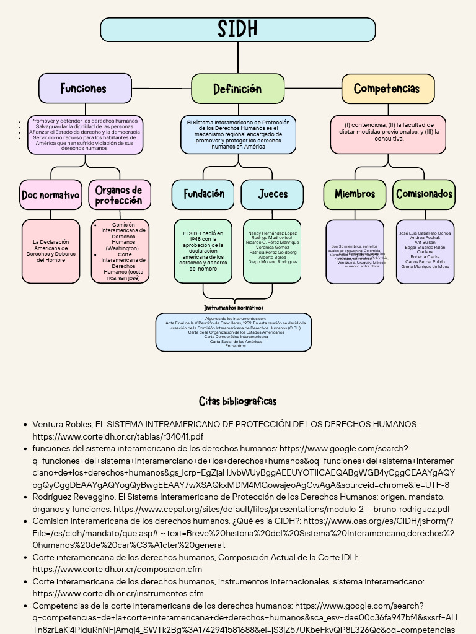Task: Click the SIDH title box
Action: coord(237,30)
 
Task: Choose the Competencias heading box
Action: coord(387,89)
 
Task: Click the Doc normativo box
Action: coord(51,195)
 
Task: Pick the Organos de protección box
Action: coord(119,195)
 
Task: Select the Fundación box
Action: coord(203,194)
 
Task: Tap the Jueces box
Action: coord(273,194)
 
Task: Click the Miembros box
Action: coord(355,194)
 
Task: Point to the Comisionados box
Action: coord(424,194)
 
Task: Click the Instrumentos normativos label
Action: coord(234,308)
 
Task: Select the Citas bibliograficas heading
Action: coord(237,401)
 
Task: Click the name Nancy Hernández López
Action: coord(273,233)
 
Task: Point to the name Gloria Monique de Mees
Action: coord(425,267)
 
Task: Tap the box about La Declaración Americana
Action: coord(51,251)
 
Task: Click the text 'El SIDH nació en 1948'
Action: coord(203,236)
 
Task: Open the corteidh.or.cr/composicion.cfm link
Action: coord(117,570)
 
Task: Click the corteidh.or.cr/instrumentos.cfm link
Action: coord(118,594)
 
